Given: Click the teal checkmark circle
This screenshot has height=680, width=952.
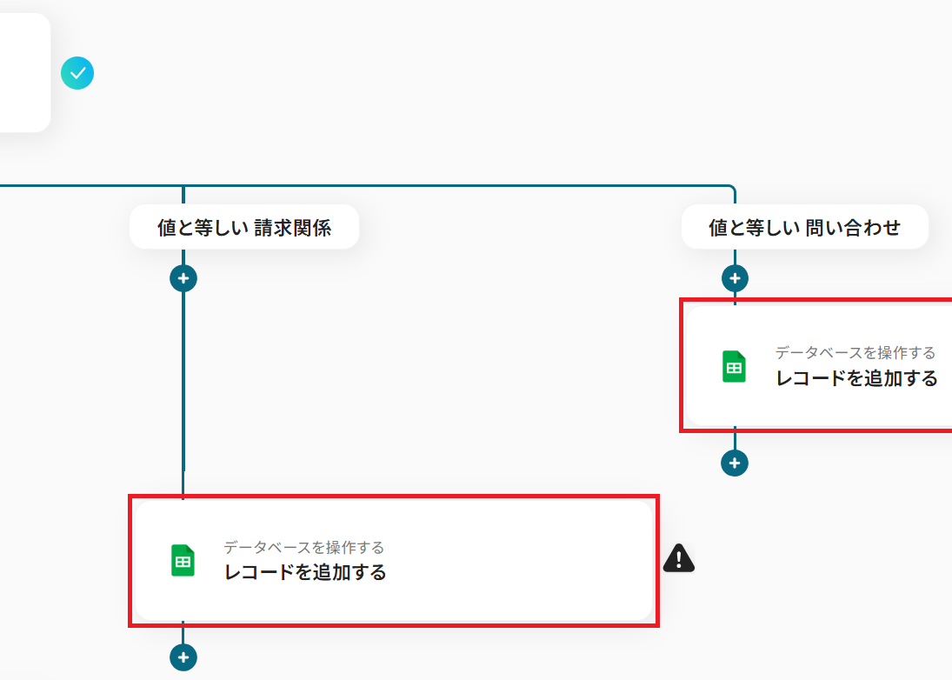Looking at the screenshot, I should (77, 74).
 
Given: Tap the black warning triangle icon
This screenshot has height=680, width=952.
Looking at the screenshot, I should (679, 558).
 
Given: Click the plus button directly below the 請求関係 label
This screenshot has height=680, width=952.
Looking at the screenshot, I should (183, 278).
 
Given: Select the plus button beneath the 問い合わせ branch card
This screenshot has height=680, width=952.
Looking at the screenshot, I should (735, 463).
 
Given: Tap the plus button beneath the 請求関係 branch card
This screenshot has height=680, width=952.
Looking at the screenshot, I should (183, 657).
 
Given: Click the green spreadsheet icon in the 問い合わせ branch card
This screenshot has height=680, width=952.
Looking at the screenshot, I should (734, 367).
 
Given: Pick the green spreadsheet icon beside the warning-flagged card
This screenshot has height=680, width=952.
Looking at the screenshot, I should (183, 561).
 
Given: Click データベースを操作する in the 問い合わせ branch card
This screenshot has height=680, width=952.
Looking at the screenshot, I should (855, 352).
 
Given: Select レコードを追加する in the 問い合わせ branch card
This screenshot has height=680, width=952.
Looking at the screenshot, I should (856, 378).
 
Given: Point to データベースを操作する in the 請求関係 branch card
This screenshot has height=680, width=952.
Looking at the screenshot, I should (303, 547).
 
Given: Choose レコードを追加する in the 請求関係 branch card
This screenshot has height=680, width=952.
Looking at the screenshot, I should (305, 572).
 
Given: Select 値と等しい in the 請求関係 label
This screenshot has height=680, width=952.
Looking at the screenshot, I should (202, 228).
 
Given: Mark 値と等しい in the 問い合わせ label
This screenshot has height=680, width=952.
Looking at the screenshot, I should (753, 228).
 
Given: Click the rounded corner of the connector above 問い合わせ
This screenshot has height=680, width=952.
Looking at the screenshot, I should (732, 188).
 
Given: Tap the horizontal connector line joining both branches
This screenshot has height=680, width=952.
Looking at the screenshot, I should (452, 185).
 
